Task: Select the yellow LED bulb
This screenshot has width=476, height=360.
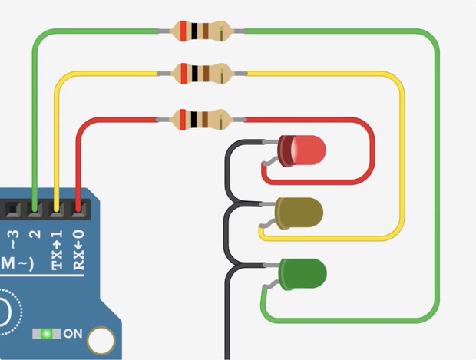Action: [x=299, y=213]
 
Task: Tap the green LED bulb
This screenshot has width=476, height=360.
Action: [x=302, y=273]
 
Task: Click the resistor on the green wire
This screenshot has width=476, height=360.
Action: [x=202, y=31]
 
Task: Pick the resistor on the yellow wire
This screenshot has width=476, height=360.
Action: [x=202, y=74]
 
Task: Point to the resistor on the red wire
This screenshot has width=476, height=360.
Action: [x=202, y=120]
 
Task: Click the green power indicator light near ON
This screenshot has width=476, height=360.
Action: [x=47, y=334]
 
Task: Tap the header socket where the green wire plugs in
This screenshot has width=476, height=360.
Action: [x=35, y=207]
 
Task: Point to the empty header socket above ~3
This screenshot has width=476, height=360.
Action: [x=12, y=207]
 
